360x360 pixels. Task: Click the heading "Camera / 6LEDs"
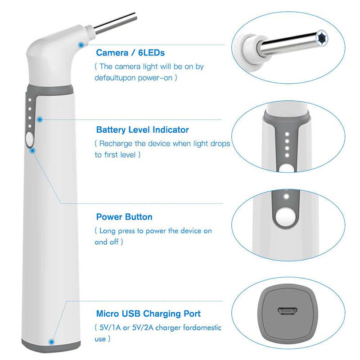[x=130, y=53]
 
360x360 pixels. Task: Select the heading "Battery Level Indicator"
[x=142, y=130]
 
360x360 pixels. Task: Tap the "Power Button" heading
[x=124, y=217]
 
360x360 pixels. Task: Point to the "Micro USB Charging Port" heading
[x=148, y=314]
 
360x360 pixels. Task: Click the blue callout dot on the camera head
[x=81, y=45]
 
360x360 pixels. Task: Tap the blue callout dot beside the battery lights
[x=40, y=119]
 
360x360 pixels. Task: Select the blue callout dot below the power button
[x=32, y=151]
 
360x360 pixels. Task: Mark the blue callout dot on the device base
[x=52, y=342]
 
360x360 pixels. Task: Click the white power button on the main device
[x=30, y=139]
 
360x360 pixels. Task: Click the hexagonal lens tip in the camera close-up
[x=321, y=38]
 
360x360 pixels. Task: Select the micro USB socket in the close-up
[x=288, y=311]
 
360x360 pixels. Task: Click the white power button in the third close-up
[x=285, y=216]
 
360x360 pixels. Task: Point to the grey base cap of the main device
[x=51, y=346]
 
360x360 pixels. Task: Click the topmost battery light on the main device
[x=30, y=100]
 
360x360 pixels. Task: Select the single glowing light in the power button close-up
[x=286, y=197]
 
